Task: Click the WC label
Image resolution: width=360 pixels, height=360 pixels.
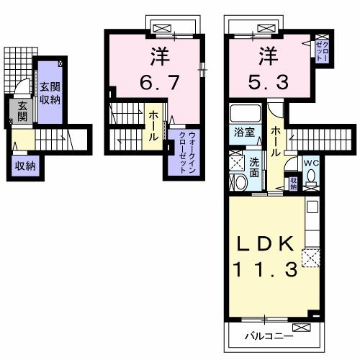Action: coord(310,163)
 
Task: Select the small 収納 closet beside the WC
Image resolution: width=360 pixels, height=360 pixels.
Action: coord(293,184)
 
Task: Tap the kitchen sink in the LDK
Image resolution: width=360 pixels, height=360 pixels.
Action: coord(312,208)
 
